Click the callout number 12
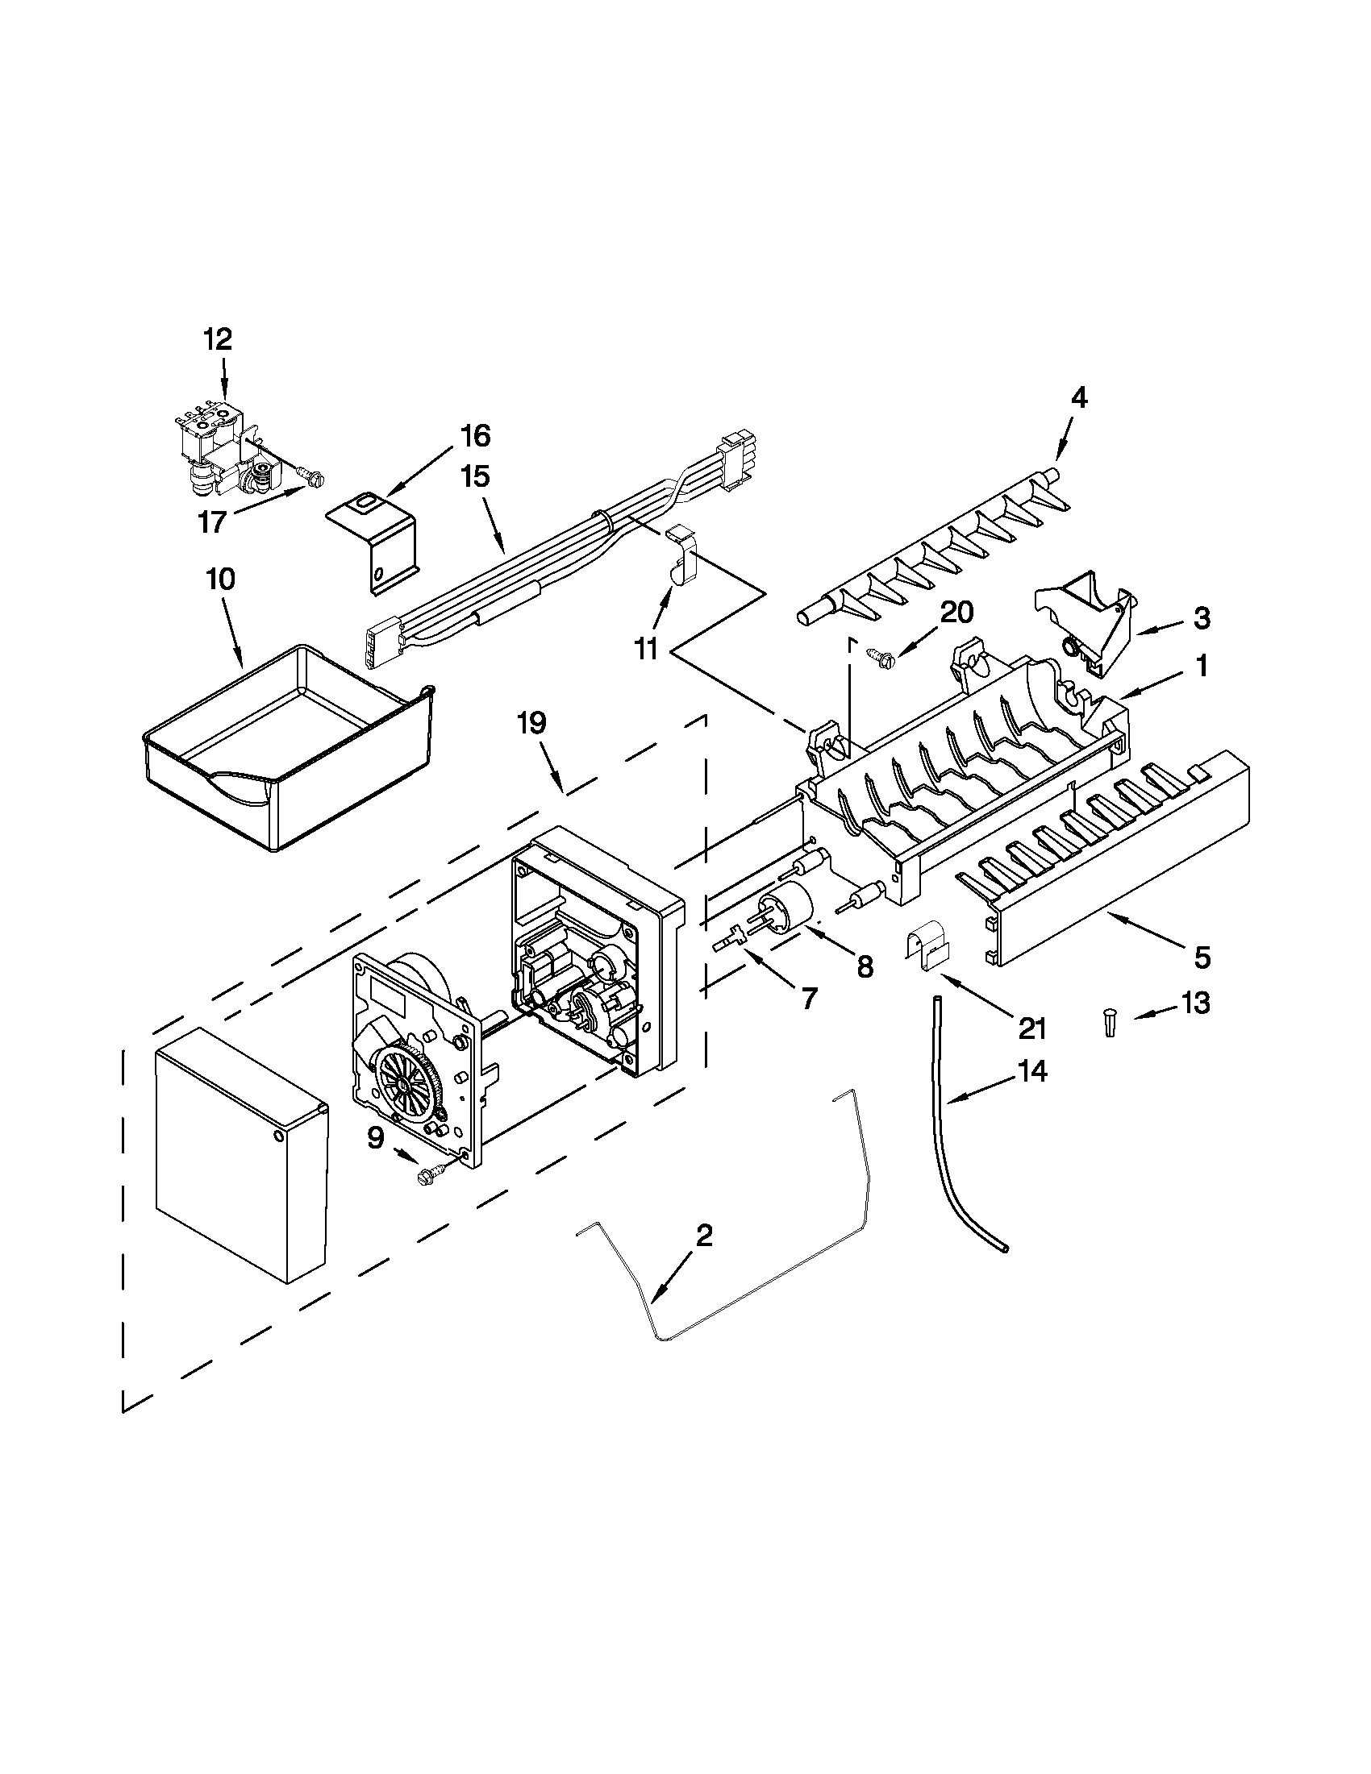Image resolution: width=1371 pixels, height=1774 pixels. point(217,339)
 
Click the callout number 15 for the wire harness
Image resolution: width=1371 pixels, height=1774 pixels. point(476,477)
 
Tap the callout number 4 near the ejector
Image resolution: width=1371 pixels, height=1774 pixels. point(1077,397)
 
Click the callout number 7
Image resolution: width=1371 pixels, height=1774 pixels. point(808,998)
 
